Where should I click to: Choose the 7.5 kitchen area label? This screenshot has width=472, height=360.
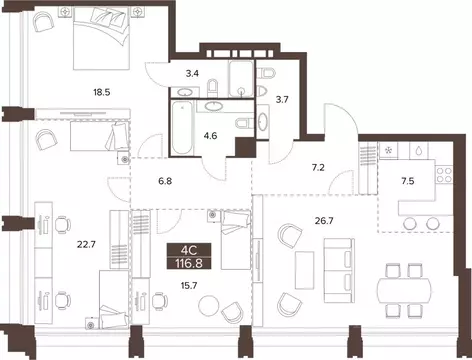click(x=409, y=182)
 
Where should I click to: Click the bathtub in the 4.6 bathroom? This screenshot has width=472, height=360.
click(x=184, y=128)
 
